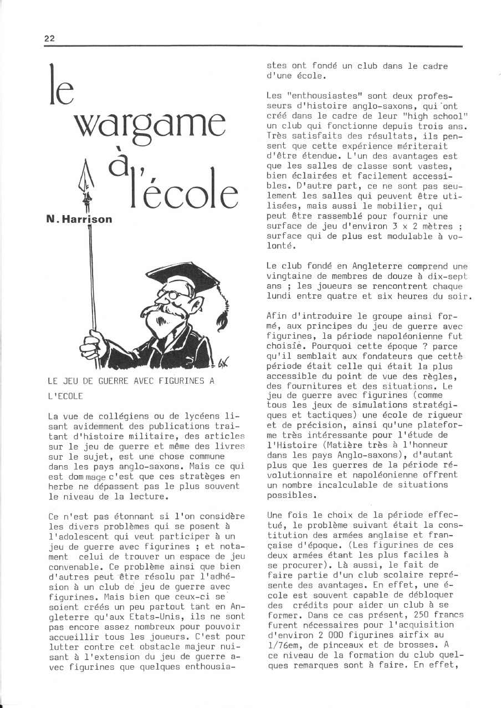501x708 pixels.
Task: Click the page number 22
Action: click(49, 38)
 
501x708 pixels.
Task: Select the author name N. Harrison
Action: click(79, 219)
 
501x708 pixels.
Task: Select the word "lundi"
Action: click(279, 296)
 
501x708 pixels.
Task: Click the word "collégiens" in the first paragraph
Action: click(107, 416)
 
